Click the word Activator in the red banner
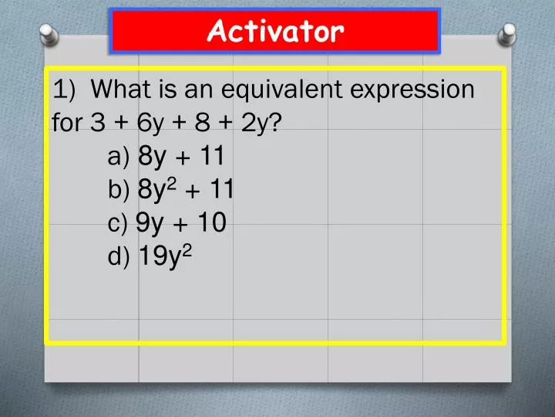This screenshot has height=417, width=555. (x=276, y=32)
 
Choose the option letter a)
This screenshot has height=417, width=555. (x=119, y=158)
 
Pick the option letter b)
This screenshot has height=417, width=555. (x=119, y=191)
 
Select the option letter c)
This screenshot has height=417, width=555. (x=119, y=224)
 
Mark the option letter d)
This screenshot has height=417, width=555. (x=119, y=257)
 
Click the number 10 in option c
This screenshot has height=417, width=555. (x=210, y=224)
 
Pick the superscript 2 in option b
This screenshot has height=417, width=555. (x=173, y=183)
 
